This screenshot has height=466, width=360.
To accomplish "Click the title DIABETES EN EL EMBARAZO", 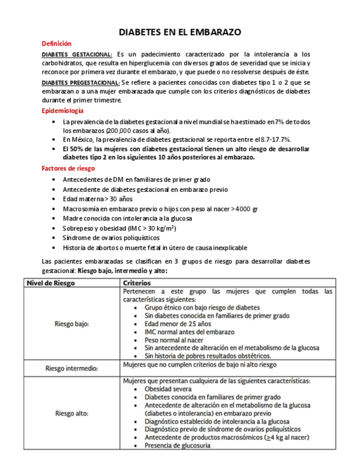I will [x=180, y=32].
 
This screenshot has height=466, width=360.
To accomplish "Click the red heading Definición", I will [x=57, y=43].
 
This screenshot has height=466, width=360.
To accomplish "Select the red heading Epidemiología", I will [x=63, y=110].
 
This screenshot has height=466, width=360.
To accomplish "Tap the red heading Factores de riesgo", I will [x=68, y=168].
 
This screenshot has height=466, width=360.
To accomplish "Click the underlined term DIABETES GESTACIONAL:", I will [x=77, y=54].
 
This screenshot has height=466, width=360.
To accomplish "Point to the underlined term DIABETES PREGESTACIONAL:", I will [x=80, y=82].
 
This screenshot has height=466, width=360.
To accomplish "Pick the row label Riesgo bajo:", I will [x=72, y=324].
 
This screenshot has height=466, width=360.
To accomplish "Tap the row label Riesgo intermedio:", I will [x=71, y=368].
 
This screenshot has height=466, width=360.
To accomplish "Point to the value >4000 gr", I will [x=245, y=209].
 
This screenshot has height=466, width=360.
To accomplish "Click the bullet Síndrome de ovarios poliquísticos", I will [x=111, y=238].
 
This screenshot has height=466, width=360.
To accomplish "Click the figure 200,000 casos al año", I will [x=138, y=131].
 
